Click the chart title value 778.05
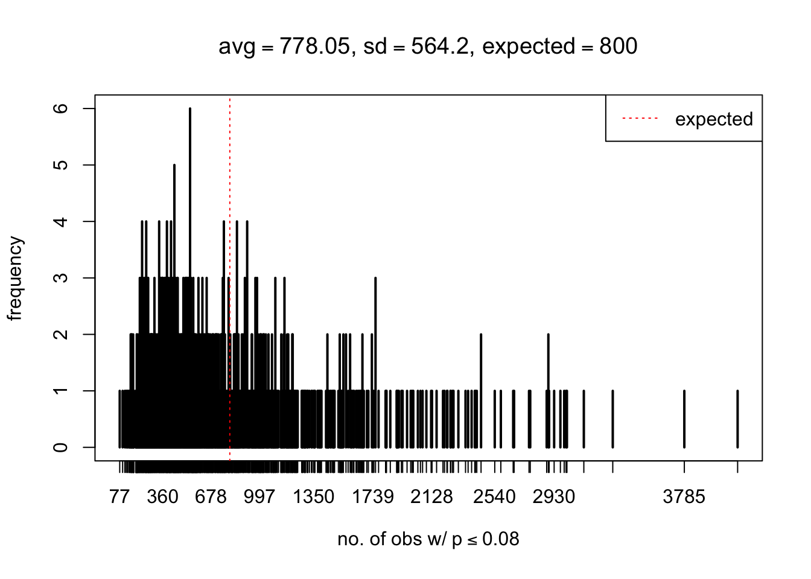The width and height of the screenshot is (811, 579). pyautogui.click(x=314, y=46)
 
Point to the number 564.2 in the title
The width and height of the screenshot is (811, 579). pyautogui.click(x=439, y=46)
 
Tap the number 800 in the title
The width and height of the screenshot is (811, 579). pyautogui.click(x=618, y=46)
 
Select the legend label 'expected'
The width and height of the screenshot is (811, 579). pyautogui.click(x=713, y=119)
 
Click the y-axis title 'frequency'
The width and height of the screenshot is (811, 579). pyautogui.click(x=16, y=279)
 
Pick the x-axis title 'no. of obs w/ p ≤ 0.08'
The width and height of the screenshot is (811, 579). pyautogui.click(x=428, y=539)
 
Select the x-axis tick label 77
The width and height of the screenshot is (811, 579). pyautogui.click(x=119, y=497)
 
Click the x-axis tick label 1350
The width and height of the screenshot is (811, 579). pyautogui.click(x=313, y=497)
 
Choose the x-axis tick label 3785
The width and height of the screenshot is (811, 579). pyautogui.click(x=684, y=497)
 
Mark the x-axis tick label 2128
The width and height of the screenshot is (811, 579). pyautogui.click(x=431, y=497)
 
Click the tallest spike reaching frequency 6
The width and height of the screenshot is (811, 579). pyautogui.click(x=189, y=181)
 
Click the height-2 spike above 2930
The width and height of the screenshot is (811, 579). pyautogui.click(x=548, y=362)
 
